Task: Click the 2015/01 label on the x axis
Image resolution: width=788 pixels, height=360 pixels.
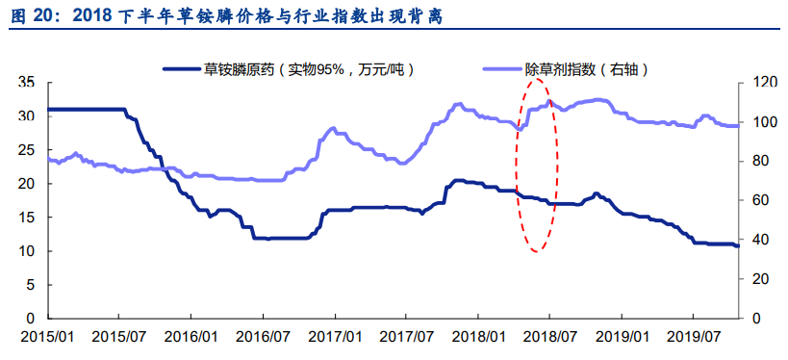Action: coord(47,337)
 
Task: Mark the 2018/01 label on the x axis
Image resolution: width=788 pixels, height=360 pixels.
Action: coord(479,337)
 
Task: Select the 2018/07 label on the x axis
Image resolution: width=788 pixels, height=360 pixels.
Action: coord(551,337)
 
